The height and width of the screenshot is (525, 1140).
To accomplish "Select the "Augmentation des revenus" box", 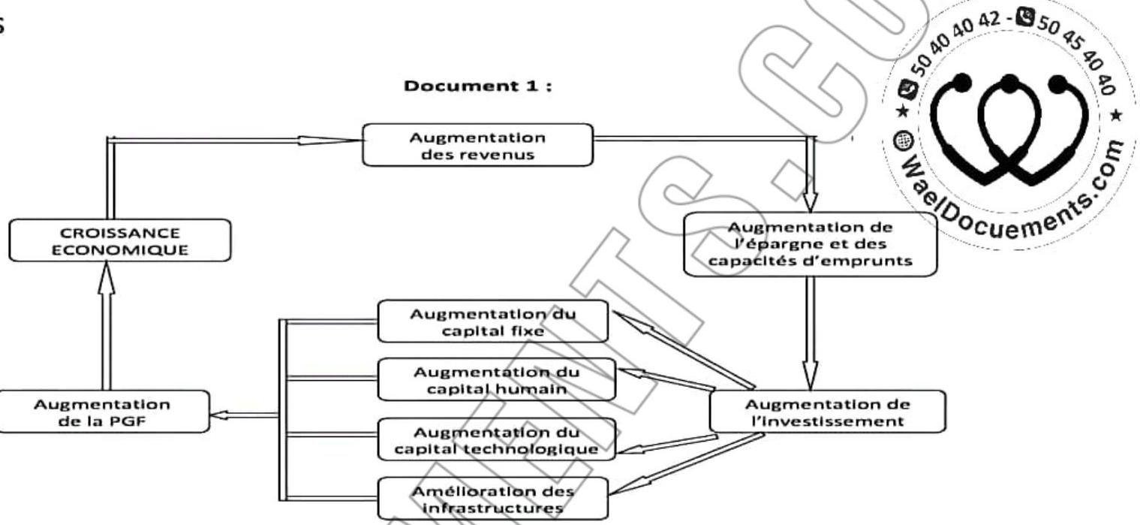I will [x=477, y=145].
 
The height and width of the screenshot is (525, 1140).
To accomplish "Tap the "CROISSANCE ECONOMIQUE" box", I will [x=110, y=240].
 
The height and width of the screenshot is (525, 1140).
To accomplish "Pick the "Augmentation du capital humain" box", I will [x=492, y=379].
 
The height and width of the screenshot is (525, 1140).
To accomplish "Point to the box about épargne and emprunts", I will [x=811, y=245].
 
